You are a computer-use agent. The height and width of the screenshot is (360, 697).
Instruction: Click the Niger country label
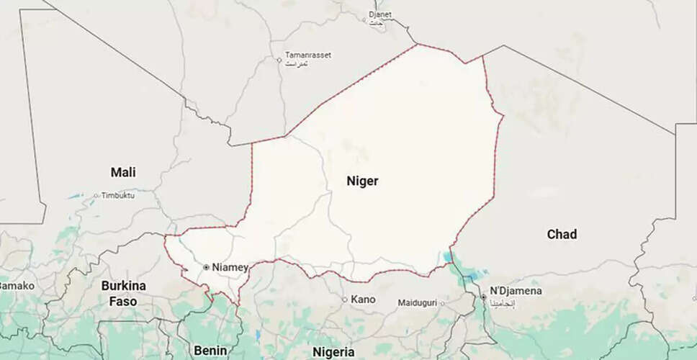point(362,181)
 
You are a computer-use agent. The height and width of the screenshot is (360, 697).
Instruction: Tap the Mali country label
point(123,172)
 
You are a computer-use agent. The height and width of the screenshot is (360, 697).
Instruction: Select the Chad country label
point(562,234)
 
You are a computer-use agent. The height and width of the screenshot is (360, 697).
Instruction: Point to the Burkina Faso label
point(123,293)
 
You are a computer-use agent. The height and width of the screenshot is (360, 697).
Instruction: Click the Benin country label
point(211,350)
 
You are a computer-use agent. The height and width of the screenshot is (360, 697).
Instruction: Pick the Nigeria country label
point(333,351)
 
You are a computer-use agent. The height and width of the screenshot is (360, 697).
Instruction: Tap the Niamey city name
point(230,267)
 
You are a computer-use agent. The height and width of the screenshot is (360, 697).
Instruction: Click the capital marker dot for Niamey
point(206,267)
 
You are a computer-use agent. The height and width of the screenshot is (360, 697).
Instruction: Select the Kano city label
point(363,299)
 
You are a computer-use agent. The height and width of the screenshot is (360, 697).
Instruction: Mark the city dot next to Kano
point(345,300)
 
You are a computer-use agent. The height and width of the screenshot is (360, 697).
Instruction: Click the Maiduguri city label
point(418,303)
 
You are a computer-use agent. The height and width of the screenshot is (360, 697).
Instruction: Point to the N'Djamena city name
point(516,291)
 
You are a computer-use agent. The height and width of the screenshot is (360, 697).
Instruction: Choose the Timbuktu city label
point(118,195)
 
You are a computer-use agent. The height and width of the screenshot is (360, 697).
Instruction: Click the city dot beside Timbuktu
point(96,195)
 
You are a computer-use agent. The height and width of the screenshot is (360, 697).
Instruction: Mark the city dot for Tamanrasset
point(279,60)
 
